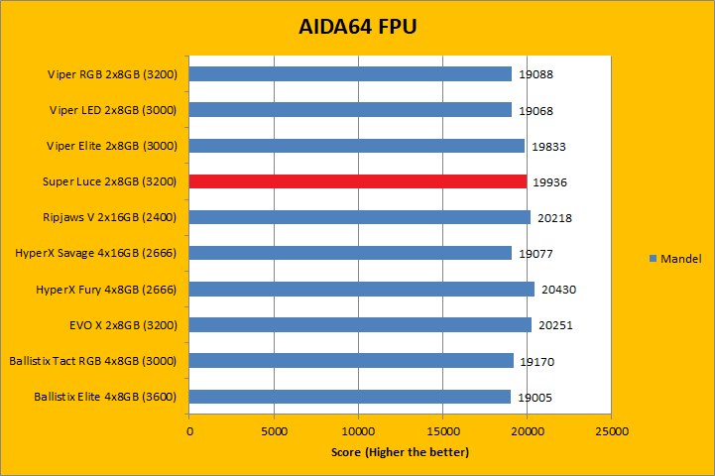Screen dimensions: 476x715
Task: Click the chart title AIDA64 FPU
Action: coord(357,27)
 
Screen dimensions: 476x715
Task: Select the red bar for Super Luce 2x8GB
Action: coord(357,181)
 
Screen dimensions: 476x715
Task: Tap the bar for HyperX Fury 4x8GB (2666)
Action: coord(361,289)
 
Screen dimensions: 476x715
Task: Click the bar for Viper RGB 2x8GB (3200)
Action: coord(350,73)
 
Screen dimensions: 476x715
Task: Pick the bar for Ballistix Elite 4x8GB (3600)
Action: coord(349,397)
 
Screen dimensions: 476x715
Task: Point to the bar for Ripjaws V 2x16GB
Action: coord(359,217)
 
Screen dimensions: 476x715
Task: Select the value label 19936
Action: coord(549,182)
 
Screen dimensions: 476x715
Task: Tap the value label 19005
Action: coord(536,398)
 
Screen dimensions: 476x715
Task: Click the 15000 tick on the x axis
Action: coord(442,431)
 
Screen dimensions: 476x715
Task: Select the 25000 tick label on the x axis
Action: coord(611,431)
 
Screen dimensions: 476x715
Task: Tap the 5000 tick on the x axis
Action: coord(274,431)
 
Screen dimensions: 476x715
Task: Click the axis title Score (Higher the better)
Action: coord(400,452)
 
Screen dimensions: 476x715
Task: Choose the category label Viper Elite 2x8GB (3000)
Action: coord(111,146)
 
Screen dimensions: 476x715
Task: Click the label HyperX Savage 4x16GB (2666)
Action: coord(95,253)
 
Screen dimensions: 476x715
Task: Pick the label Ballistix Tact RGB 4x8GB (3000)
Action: coord(92,361)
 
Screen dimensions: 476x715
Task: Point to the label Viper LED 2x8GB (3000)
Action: coord(112,110)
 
